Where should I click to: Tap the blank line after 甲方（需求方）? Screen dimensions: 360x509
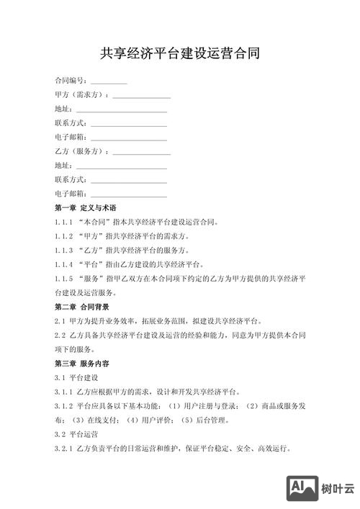click(142, 97)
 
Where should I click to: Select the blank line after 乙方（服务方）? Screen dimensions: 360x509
click(142, 153)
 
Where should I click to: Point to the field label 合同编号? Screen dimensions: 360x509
click(70, 81)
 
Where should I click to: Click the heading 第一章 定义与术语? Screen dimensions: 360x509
click(85, 208)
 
